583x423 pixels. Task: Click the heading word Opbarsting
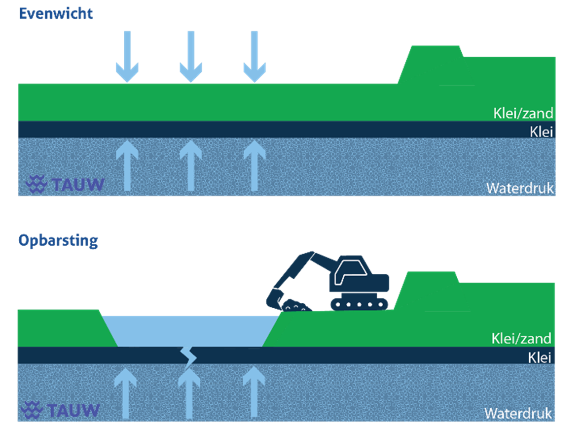58,240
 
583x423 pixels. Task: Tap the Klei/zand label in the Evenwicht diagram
523,113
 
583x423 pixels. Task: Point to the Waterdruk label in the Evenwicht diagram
520,188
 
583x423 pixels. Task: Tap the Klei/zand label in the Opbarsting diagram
521,339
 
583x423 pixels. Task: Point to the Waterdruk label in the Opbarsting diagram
518,413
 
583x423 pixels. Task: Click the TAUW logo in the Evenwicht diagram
65,184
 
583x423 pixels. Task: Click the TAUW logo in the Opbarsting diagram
62,410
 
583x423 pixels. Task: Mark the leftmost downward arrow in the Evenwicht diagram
127,57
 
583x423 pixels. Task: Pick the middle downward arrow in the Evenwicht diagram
191,57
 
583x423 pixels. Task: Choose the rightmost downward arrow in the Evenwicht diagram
255,57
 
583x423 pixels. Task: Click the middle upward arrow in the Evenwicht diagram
191,164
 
